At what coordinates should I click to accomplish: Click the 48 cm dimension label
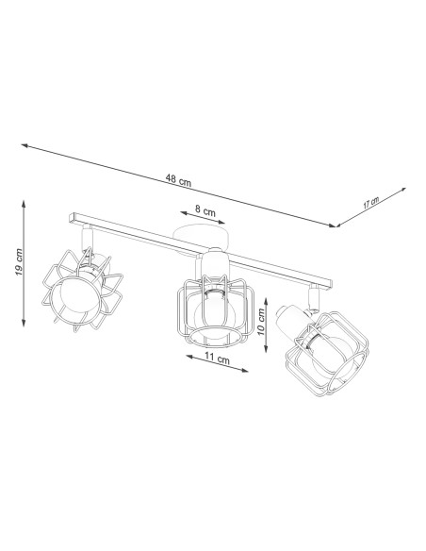[179, 180]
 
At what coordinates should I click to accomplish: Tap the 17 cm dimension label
[371, 203]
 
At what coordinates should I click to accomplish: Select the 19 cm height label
[19, 262]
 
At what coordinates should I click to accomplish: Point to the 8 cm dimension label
[205, 211]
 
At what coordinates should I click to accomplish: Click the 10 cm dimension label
[261, 322]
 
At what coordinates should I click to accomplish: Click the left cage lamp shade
[82, 290]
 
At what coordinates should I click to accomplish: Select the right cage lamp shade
[327, 354]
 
